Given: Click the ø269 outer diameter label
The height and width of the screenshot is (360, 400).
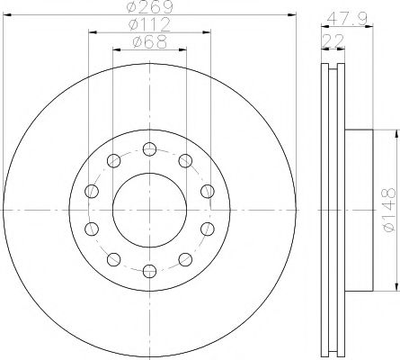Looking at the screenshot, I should pyautogui.click(x=149, y=7).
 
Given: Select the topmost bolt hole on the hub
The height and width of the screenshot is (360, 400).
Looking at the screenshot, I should pyautogui.click(x=149, y=148).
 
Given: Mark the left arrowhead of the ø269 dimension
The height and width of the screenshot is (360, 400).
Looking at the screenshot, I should pyautogui.click(x=5, y=13).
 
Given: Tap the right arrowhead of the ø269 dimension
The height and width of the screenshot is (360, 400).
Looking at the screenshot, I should pyautogui.click(x=293, y=13).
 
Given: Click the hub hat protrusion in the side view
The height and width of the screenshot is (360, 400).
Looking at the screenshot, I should pyautogui.click(x=357, y=210).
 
